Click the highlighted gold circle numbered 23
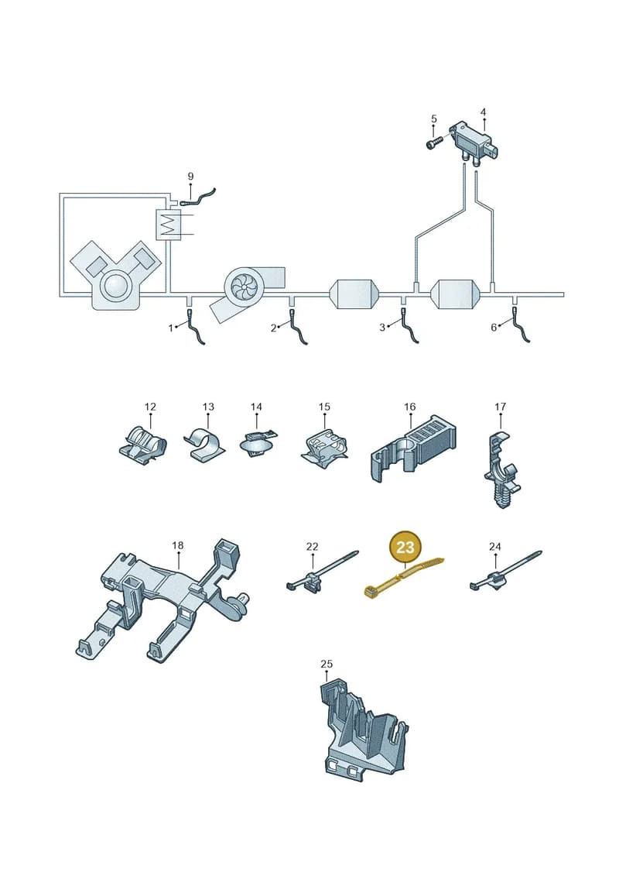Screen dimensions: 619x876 coord(405,547)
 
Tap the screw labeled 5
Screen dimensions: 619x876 coord(434,141)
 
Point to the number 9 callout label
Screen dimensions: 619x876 coord(190,177)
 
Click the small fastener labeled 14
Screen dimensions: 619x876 coord(258,443)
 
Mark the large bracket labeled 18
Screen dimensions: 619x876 coord(163,600)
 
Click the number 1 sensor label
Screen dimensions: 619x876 coord(171,328)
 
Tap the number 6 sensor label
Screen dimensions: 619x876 coord(494,328)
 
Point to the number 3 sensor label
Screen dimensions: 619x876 coord(382,328)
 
